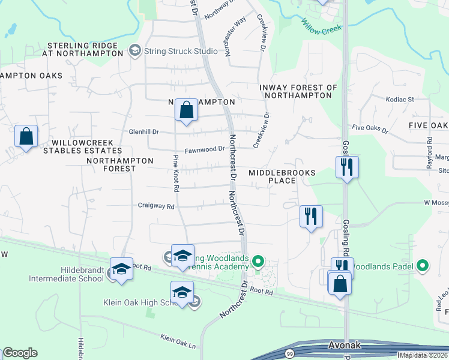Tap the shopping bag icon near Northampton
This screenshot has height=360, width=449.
tap(186, 111)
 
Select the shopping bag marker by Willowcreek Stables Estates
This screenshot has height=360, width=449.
tap(26, 137)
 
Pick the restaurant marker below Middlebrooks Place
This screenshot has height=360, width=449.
tap(311, 216)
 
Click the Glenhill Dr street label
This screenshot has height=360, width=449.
tap(143, 131)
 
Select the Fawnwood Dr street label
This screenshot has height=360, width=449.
tap(205, 149)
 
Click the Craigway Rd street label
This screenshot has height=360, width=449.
tap(155, 206)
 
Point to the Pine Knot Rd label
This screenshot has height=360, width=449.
tap(176, 173)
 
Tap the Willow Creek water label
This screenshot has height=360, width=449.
tap(321, 28)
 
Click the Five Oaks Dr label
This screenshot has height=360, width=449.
tap(370, 128)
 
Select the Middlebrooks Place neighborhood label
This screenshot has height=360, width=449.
tap(282, 176)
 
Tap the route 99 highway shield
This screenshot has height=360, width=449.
tap(289, 353)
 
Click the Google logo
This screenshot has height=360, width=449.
tap(20, 353)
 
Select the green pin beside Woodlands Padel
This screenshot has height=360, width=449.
tap(423, 265)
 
